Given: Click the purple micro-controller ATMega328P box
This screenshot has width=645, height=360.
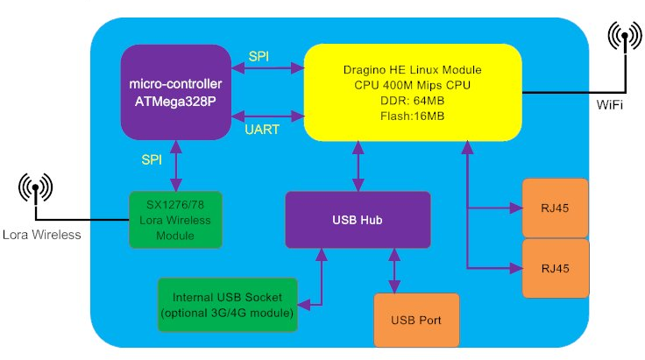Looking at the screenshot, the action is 175,93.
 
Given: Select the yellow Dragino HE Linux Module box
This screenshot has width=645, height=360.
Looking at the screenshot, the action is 413,93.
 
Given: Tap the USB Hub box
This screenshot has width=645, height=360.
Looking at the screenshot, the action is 358,220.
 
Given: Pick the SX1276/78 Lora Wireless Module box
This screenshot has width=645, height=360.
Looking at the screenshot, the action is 175,220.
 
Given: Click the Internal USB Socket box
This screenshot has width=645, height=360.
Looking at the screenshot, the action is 228,305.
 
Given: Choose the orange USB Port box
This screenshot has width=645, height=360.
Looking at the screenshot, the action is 416,320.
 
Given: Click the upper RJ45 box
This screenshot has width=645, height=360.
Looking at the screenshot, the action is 555,208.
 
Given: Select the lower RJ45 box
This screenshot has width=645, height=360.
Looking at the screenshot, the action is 556,268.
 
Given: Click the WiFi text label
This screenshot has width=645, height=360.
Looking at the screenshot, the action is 610,105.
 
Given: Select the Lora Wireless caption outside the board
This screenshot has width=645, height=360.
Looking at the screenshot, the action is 41,235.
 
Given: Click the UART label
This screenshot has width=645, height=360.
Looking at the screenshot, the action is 262,130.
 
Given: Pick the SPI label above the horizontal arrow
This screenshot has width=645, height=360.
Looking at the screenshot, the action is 259,56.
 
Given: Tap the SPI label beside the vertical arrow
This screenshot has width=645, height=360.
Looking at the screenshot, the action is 152,159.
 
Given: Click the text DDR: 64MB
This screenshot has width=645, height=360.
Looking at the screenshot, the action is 412,101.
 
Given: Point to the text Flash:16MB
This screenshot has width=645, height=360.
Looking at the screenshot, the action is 412,116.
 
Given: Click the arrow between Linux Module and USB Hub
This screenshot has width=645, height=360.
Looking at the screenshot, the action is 358,166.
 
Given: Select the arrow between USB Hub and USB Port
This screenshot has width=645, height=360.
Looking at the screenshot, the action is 394,271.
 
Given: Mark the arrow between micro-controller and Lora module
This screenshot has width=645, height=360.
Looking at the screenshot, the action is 176,166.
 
